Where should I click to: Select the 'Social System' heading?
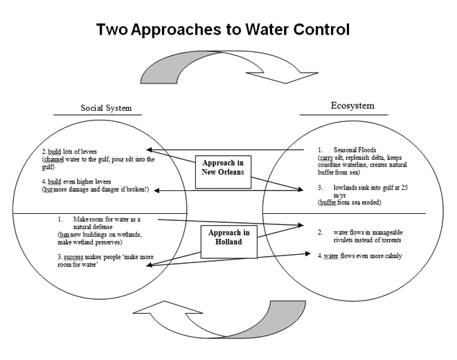point(106,108)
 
